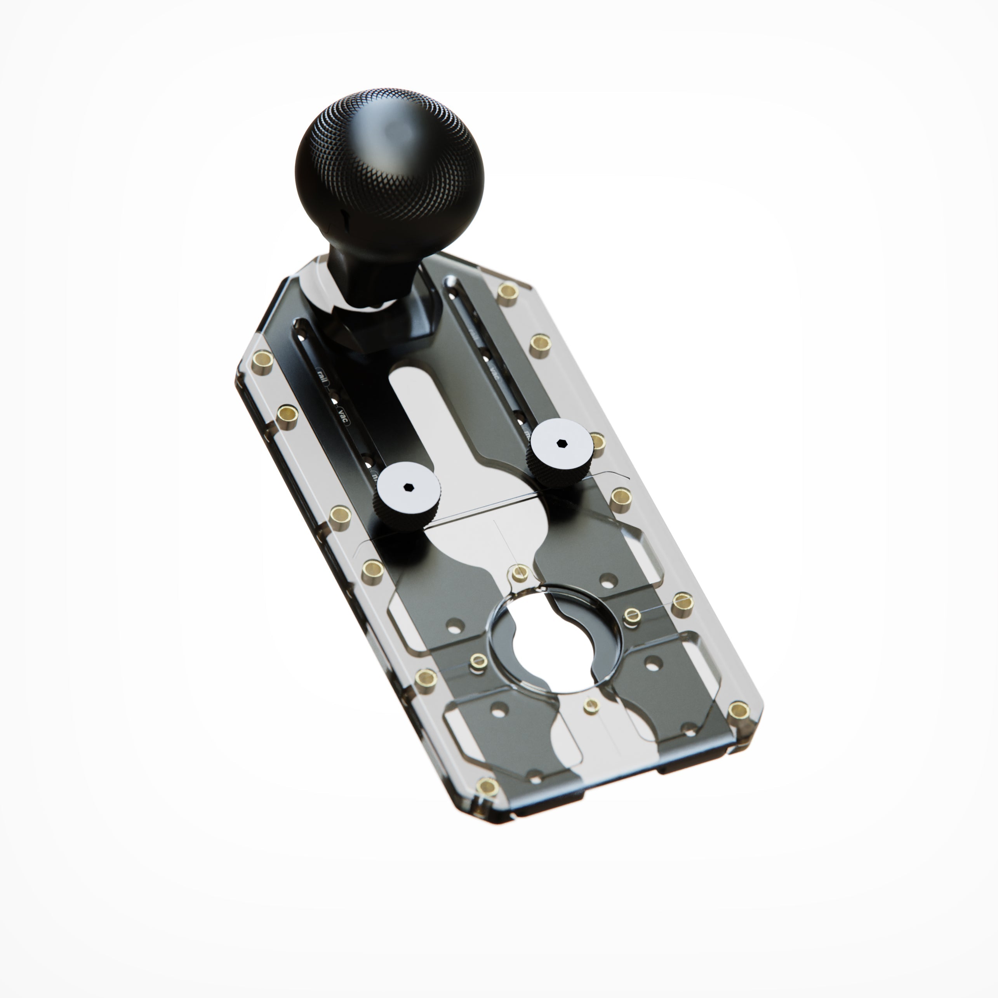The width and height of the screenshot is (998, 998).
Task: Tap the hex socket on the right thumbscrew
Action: pos(562,443)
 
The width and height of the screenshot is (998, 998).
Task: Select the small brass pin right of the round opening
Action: pos(632,614)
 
